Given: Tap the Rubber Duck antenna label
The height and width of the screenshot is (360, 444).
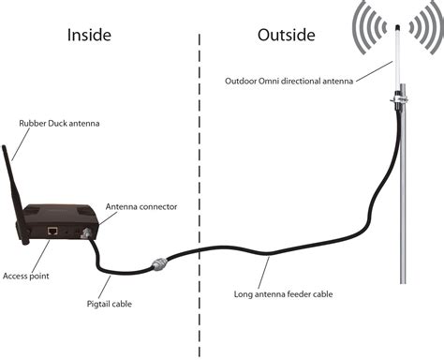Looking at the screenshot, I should [x=60, y=123].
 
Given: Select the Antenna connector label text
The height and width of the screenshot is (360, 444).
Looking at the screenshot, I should [x=141, y=205].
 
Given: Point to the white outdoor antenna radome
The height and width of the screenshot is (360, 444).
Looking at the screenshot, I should [x=398, y=56].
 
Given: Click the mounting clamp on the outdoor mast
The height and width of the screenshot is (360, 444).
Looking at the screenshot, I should [x=400, y=95].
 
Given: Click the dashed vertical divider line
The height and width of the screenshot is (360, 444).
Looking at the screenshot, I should [x=199, y=187].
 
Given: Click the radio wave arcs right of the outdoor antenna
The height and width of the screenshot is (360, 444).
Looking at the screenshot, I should [x=426, y=33].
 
